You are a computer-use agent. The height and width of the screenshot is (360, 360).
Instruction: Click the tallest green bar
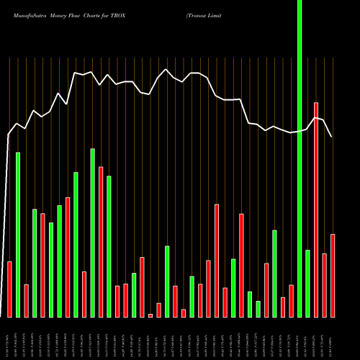coord(300,158)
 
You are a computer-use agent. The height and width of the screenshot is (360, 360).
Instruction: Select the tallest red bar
coord(316,210)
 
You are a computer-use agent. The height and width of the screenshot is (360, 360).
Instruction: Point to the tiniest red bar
coord(150,315)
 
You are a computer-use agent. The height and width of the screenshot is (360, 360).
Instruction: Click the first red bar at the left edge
coord(9,289)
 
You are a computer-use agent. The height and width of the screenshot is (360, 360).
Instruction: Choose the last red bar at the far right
coord(333,275)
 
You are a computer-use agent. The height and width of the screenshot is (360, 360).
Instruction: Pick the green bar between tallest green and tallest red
coord(307,283)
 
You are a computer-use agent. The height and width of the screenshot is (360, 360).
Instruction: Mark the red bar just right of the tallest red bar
coord(324,285)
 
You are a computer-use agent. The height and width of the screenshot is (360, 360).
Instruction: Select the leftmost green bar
coord(18,235)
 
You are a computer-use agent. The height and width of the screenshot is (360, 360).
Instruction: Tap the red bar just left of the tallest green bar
coord(291,300)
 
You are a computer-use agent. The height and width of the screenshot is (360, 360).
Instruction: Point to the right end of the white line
coord(331,136)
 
